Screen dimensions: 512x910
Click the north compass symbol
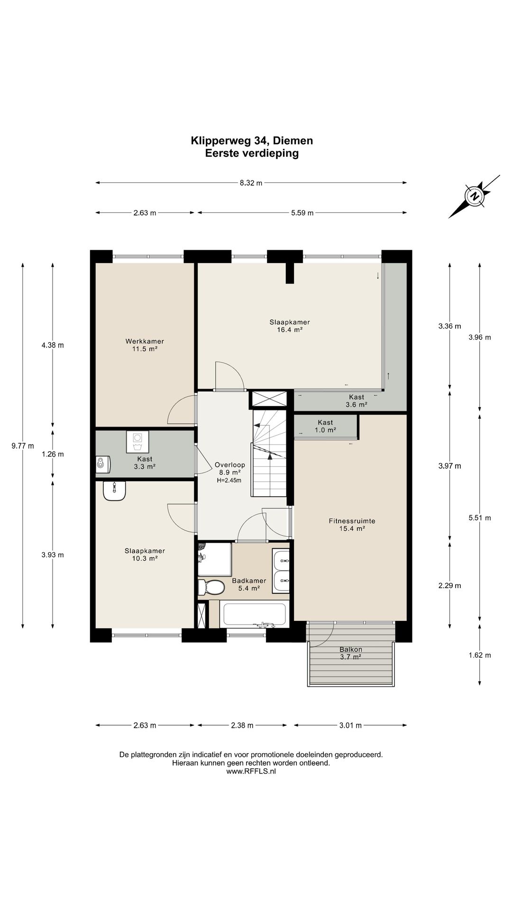(474, 196)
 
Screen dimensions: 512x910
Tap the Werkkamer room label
(145, 341)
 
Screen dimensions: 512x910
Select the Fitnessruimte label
(352, 521)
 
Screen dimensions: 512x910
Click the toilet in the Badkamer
(211, 587)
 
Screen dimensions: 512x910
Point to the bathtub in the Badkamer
(254, 614)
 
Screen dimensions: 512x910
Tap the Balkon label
(351, 649)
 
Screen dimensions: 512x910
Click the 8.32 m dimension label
(251, 183)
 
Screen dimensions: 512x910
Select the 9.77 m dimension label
(23, 446)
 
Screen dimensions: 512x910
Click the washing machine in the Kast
(137, 442)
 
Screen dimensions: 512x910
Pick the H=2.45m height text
(229, 480)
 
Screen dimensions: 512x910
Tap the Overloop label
(229, 465)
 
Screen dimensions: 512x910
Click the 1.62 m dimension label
(480, 655)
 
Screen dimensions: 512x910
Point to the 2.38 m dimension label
(242, 725)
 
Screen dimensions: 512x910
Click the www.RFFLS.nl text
(251, 771)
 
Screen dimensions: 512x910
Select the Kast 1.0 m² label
(325, 426)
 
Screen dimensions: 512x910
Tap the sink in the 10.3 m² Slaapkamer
(114, 491)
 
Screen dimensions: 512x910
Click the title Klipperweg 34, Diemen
(252, 141)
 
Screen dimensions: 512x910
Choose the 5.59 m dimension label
(302, 213)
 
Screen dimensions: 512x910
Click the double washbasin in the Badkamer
(281, 571)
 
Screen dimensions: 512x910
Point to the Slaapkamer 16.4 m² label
(290, 326)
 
